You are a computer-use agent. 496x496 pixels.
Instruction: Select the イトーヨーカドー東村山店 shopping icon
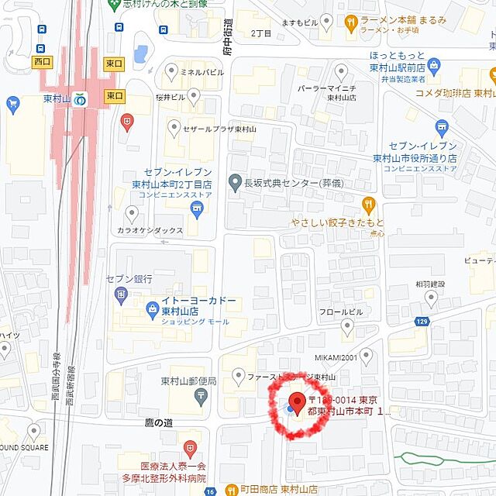pos(153,312)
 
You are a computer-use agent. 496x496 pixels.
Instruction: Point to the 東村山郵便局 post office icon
pos(201,396)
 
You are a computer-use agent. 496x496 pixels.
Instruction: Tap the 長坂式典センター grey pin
pos(235,183)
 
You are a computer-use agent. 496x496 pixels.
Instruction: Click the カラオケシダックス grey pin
pos(130,213)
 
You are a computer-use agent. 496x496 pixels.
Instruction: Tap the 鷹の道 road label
pos(158,423)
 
